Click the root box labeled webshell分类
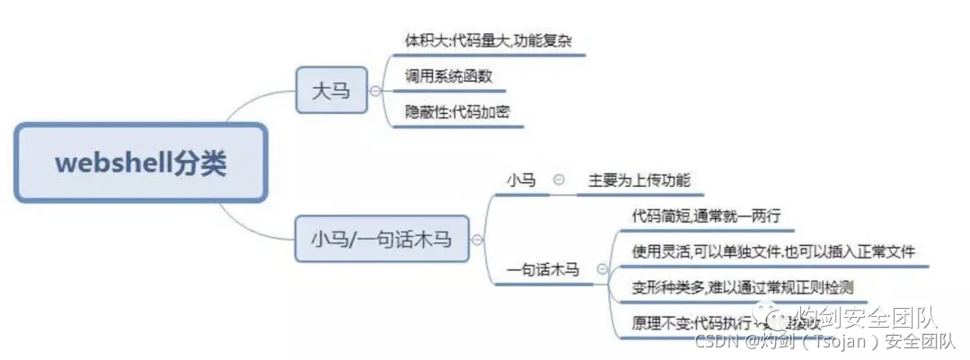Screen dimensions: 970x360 140,162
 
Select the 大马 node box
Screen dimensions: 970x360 331,92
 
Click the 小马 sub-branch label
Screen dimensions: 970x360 521,180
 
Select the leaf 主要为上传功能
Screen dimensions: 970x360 639,180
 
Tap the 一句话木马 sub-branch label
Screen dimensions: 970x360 543,268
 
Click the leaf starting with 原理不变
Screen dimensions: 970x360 701,322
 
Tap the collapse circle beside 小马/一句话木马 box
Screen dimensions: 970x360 477,240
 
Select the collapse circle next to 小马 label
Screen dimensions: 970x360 559,180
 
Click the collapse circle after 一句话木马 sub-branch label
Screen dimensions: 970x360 601,268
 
